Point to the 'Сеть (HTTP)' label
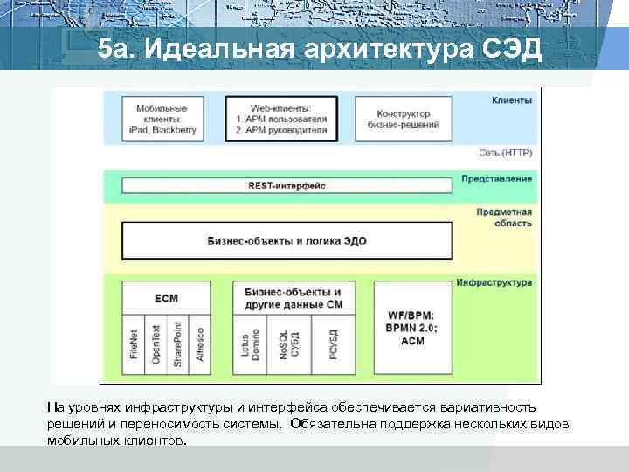click(x=505, y=152)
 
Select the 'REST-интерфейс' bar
click(x=287, y=185)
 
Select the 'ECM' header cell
click(x=166, y=298)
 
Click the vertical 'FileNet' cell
click(x=134, y=342)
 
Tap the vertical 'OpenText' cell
click(x=156, y=342)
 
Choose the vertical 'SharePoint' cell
click(x=177, y=342)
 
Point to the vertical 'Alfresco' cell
click(x=200, y=342)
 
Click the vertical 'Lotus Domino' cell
click(x=251, y=342)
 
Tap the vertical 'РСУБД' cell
click(x=335, y=342)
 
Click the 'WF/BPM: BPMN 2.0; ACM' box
click(x=411, y=326)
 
